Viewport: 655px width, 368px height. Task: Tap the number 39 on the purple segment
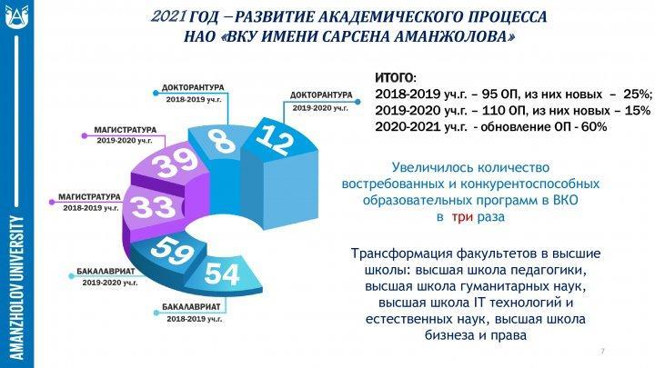point(175,164)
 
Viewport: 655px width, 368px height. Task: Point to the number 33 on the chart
point(154,206)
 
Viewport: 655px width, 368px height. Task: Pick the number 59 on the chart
point(173,250)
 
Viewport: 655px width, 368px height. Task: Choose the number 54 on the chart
point(222,274)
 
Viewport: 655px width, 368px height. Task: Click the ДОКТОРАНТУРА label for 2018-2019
point(193,87)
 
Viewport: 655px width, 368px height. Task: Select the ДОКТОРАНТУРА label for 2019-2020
point(321,95)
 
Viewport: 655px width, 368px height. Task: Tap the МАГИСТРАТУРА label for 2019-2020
point(125,130)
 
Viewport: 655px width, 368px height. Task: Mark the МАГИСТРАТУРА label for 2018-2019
point(89,196)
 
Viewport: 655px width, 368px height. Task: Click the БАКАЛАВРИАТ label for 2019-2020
point(106,271)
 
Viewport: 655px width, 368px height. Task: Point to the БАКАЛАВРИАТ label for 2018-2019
point(191,307)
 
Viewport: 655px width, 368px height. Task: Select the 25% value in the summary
point(638,94)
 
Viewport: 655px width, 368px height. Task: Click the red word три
point(462,217)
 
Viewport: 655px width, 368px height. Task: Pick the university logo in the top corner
point(17,16)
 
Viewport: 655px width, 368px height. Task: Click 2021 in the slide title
point(168,16)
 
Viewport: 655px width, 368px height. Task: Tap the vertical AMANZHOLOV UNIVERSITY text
point(16,287)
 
